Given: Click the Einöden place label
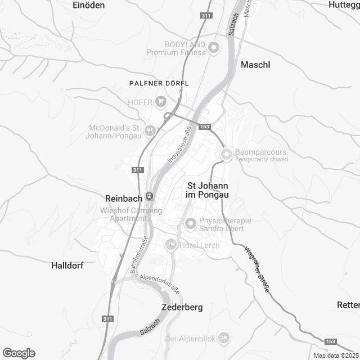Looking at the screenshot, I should [89, 4].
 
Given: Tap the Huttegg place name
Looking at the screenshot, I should [344, 4].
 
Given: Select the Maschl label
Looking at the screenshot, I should [255, 65].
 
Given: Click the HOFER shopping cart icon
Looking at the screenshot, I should [161, 102].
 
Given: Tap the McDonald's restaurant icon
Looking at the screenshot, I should [150, 131].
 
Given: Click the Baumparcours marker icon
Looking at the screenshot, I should [226, 153].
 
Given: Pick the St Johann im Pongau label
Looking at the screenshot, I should [208, 190].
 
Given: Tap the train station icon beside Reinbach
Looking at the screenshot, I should [149, 196].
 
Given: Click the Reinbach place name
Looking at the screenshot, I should [123, 197].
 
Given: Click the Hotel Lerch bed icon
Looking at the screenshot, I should [170, 245].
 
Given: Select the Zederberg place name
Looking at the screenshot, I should [182, 308].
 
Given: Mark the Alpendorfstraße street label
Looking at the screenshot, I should [160, 283].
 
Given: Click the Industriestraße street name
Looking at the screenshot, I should [179, 145].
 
